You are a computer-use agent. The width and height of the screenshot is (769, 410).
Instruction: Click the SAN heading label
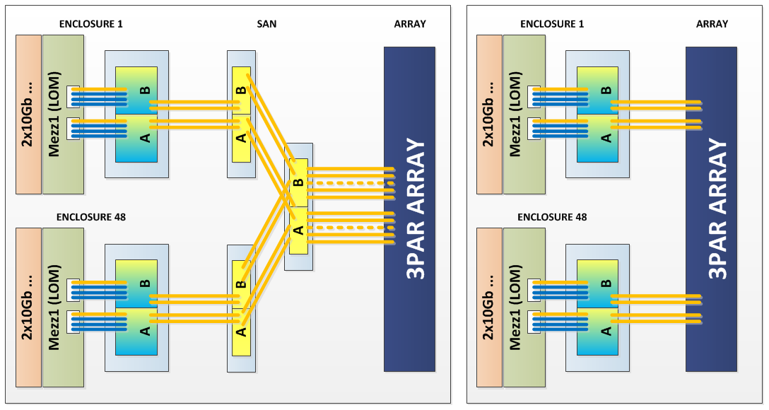click(266, 24)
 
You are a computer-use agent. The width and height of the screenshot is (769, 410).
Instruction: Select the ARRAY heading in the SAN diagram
click(410, 24)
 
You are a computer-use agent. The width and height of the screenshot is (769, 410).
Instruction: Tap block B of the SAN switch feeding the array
click(298, 182)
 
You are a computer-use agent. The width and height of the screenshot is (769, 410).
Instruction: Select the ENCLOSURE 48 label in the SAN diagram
click(91, 217)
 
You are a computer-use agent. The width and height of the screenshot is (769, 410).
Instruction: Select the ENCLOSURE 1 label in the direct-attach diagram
click(552, 24)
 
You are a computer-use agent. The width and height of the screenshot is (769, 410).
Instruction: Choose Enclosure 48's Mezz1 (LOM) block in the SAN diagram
click(63, 307)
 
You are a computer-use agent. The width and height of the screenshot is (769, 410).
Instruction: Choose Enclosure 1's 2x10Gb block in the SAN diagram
click(28, 114)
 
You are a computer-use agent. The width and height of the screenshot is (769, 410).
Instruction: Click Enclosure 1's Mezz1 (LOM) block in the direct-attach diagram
click(524, 114)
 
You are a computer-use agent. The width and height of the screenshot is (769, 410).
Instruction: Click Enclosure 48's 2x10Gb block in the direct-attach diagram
click(489, 307)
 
